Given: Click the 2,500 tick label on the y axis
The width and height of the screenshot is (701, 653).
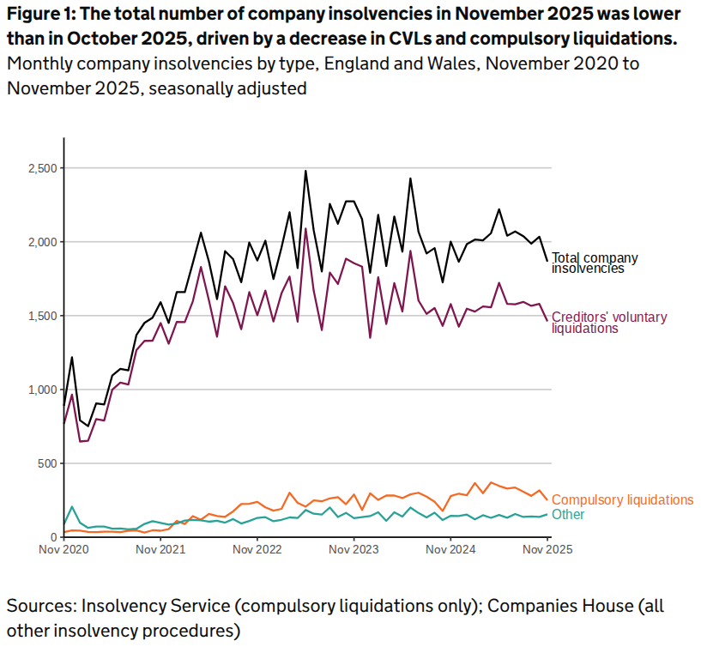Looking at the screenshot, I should click(39, 168).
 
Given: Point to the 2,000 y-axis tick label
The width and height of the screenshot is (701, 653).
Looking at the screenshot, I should click(39, 242).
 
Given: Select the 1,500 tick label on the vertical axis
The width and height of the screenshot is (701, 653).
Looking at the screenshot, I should click(39, 316).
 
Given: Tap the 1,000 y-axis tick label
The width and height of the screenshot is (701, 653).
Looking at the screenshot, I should click(39, 390).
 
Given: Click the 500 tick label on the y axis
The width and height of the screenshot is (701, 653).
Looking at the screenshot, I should click(45, 463).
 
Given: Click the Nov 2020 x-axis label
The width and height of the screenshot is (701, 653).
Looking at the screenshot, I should click(64, 549).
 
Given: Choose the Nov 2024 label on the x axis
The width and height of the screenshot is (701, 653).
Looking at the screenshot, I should click(451, 549).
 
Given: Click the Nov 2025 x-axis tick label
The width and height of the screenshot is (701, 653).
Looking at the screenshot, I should click(547, 549).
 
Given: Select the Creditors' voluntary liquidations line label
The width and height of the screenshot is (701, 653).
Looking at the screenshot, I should click(608, 323).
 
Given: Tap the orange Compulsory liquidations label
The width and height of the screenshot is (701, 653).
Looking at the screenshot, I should click(622, 499).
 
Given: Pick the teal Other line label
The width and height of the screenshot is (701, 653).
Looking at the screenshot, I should click(568, 514).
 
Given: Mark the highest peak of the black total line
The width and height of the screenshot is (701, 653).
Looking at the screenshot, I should click(305, 171).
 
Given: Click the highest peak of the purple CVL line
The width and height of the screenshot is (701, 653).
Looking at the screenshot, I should click(305, 228).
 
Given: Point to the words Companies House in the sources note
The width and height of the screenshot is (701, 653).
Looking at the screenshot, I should click(564, 607).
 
